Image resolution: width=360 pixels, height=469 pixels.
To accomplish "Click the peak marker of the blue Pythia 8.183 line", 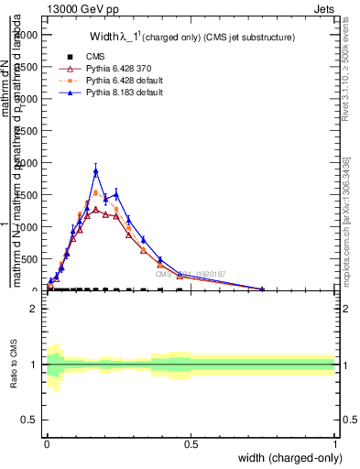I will pyautogui.click(x=95, y=169).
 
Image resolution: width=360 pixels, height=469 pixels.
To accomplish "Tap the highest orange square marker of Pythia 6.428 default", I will pyautogui.click(x=96, y=193).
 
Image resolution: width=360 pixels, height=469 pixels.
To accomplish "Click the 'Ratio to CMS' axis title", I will pyautogui.click(x=14, y=365).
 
